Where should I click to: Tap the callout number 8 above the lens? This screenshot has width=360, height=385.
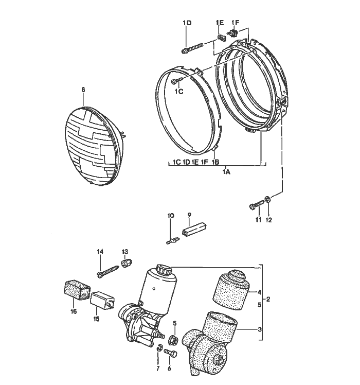83,90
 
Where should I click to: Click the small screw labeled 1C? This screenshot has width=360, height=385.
176,81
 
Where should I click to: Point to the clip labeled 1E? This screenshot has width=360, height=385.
220,38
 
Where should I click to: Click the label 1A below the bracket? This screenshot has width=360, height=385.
226,172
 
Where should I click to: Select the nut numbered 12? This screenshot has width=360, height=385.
268,199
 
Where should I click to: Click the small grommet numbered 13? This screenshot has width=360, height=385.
124,264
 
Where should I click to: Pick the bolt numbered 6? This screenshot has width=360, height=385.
171,354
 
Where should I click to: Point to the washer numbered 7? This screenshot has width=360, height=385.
159,350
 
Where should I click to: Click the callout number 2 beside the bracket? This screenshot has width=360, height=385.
268,299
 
